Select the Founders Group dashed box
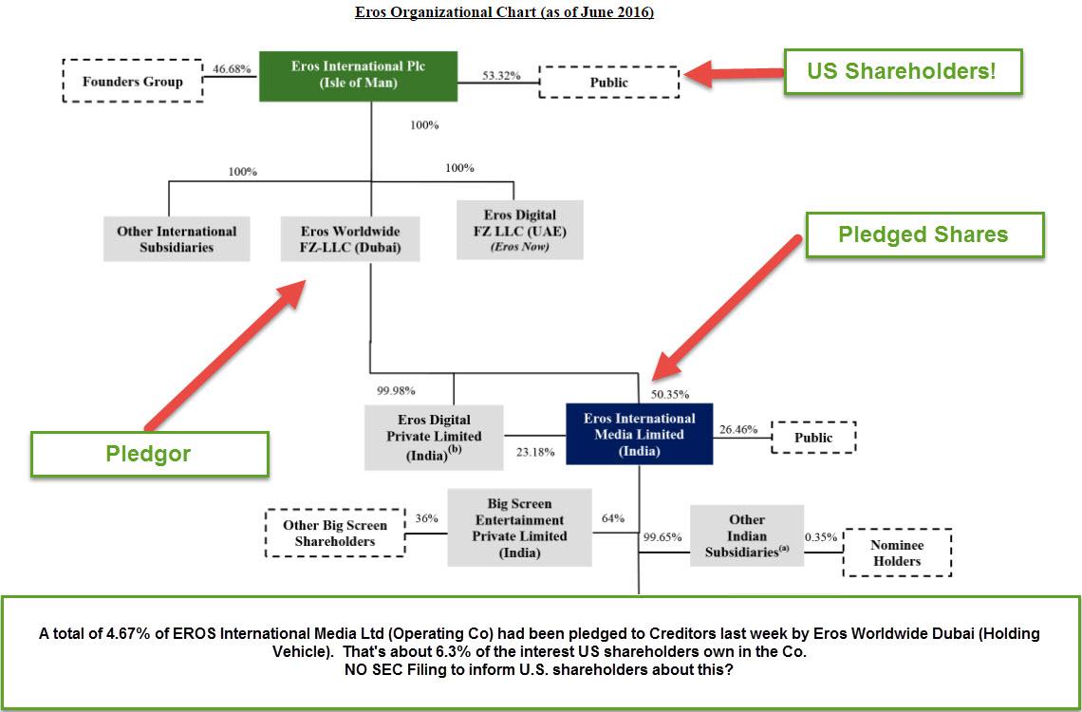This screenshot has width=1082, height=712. tap(132, 82)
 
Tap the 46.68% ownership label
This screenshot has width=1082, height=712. tap(232, 70)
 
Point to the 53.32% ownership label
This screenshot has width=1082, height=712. tap(501, 75)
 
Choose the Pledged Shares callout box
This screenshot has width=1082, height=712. tap(923, 234)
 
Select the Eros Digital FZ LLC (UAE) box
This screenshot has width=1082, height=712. tap(519, 230)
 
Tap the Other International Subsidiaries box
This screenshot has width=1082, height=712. tap(177, 239)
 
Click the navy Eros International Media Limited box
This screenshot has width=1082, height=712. tap(639, 435)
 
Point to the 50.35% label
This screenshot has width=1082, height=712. tap(670, 393)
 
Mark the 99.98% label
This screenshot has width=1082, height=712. tap(396, 390)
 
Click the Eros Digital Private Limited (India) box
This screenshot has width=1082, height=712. tap(434, 437)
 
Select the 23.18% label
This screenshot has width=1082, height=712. tap(536, 452)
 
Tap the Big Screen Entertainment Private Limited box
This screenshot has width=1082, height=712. tap(519, 528)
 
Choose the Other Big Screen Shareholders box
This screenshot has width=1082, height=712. tap(335, 534)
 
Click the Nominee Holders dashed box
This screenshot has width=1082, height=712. tap(897, 553)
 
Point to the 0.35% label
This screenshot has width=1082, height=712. tap(822, 536)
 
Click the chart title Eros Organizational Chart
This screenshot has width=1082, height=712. tap(504, 12)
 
